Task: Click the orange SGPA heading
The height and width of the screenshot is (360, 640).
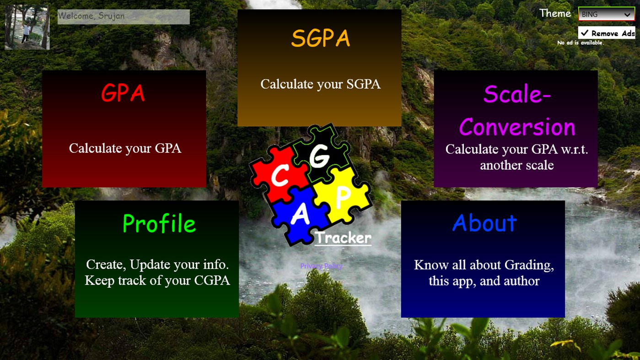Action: (x=320, y=38)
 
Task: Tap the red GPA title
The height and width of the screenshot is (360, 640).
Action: (x=123, y=93)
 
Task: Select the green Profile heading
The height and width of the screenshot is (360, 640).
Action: (x=159, y=224)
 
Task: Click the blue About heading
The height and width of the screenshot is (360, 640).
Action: (x=484, y=223)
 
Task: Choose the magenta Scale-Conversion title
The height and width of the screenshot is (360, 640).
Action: (x=517, y=111)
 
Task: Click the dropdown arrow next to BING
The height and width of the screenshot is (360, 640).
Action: (x=627, y=15)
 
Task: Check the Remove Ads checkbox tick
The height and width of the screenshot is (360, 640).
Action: (x=585, y=33)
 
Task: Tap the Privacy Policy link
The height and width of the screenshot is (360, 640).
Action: (x=321, y=266)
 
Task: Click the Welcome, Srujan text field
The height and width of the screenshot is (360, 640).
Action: (x=124, y=16)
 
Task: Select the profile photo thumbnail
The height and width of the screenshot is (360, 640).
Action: (x=27, y=27)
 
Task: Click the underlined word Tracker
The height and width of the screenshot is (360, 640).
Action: (x=343, y=238)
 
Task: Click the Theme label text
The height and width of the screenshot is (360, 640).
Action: (x=555, y=13)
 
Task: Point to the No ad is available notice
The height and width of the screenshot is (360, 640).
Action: (x=580, y=43)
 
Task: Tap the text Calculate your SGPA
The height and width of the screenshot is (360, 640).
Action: (x=320, y=84)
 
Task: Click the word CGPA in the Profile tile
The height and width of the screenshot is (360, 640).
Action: (x=212, y=280)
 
